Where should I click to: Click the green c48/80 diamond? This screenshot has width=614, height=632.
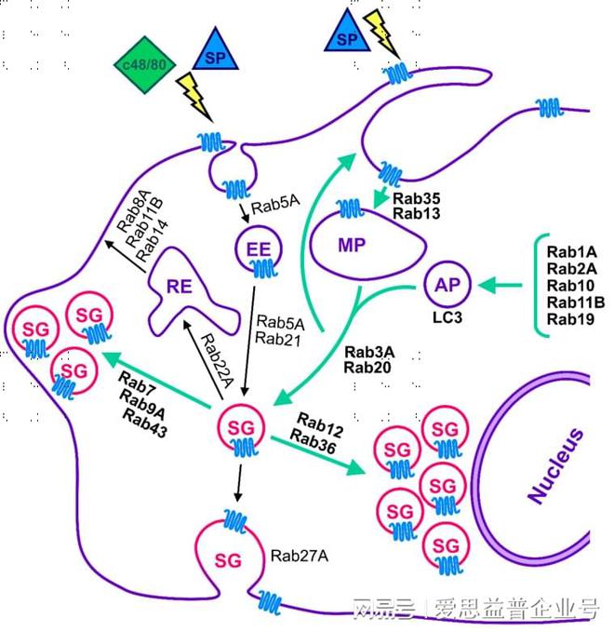click(x=144, y=64)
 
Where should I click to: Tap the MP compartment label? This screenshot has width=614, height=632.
click(x=352, y=245)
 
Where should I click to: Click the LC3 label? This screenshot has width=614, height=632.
click(x=447, y=317)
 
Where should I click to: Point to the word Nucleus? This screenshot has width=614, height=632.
click(x=556, y=465)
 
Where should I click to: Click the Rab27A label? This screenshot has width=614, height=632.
click(x=300, y=556)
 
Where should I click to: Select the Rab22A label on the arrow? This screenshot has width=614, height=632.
click(x=217, y=361)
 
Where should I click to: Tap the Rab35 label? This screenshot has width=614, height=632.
click(x=417, y=198)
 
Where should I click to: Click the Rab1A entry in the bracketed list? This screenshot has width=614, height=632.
click(x=572, y=252)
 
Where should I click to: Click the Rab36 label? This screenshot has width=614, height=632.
click(x=313, y=442)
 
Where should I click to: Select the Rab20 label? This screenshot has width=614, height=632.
click(x=367, y=367)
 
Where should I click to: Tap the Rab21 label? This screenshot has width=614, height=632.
click(x=278, y=339)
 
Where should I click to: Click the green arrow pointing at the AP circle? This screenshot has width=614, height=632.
click(x=500, y=286)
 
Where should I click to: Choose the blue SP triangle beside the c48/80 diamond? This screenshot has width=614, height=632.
click(x=215, y=50)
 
